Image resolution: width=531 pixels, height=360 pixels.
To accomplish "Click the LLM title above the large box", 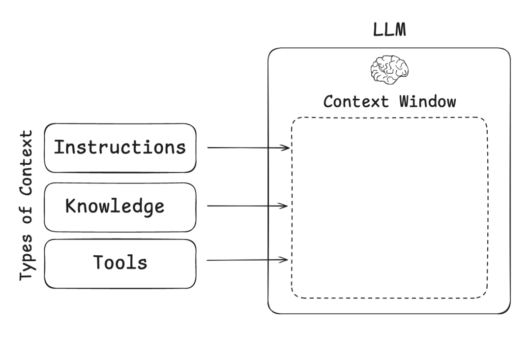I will (389, 30).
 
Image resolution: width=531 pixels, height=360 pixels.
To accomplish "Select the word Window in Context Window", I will (427, 102).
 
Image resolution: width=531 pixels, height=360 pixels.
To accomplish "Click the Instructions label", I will (120, 147).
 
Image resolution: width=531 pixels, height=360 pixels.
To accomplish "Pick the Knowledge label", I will (115, 206).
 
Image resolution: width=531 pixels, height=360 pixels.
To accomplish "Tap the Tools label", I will (120, 263).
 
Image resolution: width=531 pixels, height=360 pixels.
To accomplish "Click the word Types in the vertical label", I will (27, 259).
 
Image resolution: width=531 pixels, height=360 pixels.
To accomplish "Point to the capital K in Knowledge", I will (71, 206).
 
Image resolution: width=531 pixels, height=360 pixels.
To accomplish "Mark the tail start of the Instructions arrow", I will (208, 147).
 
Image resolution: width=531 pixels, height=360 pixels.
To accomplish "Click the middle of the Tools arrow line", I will (247, 260).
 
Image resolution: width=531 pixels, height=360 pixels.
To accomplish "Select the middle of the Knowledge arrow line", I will (247, 206).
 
